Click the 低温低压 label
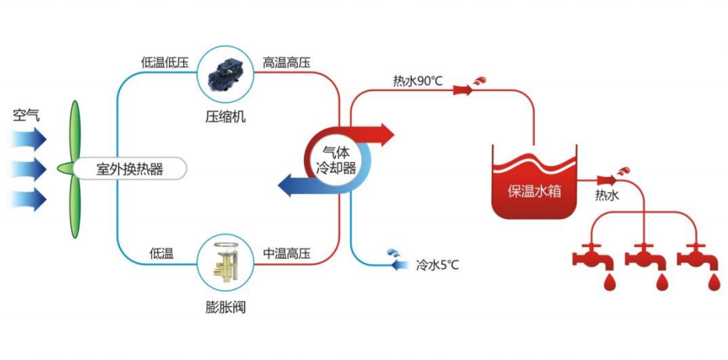tap(164, 62)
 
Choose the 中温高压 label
tap(286, 253)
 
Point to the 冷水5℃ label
tap(437, 264)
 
